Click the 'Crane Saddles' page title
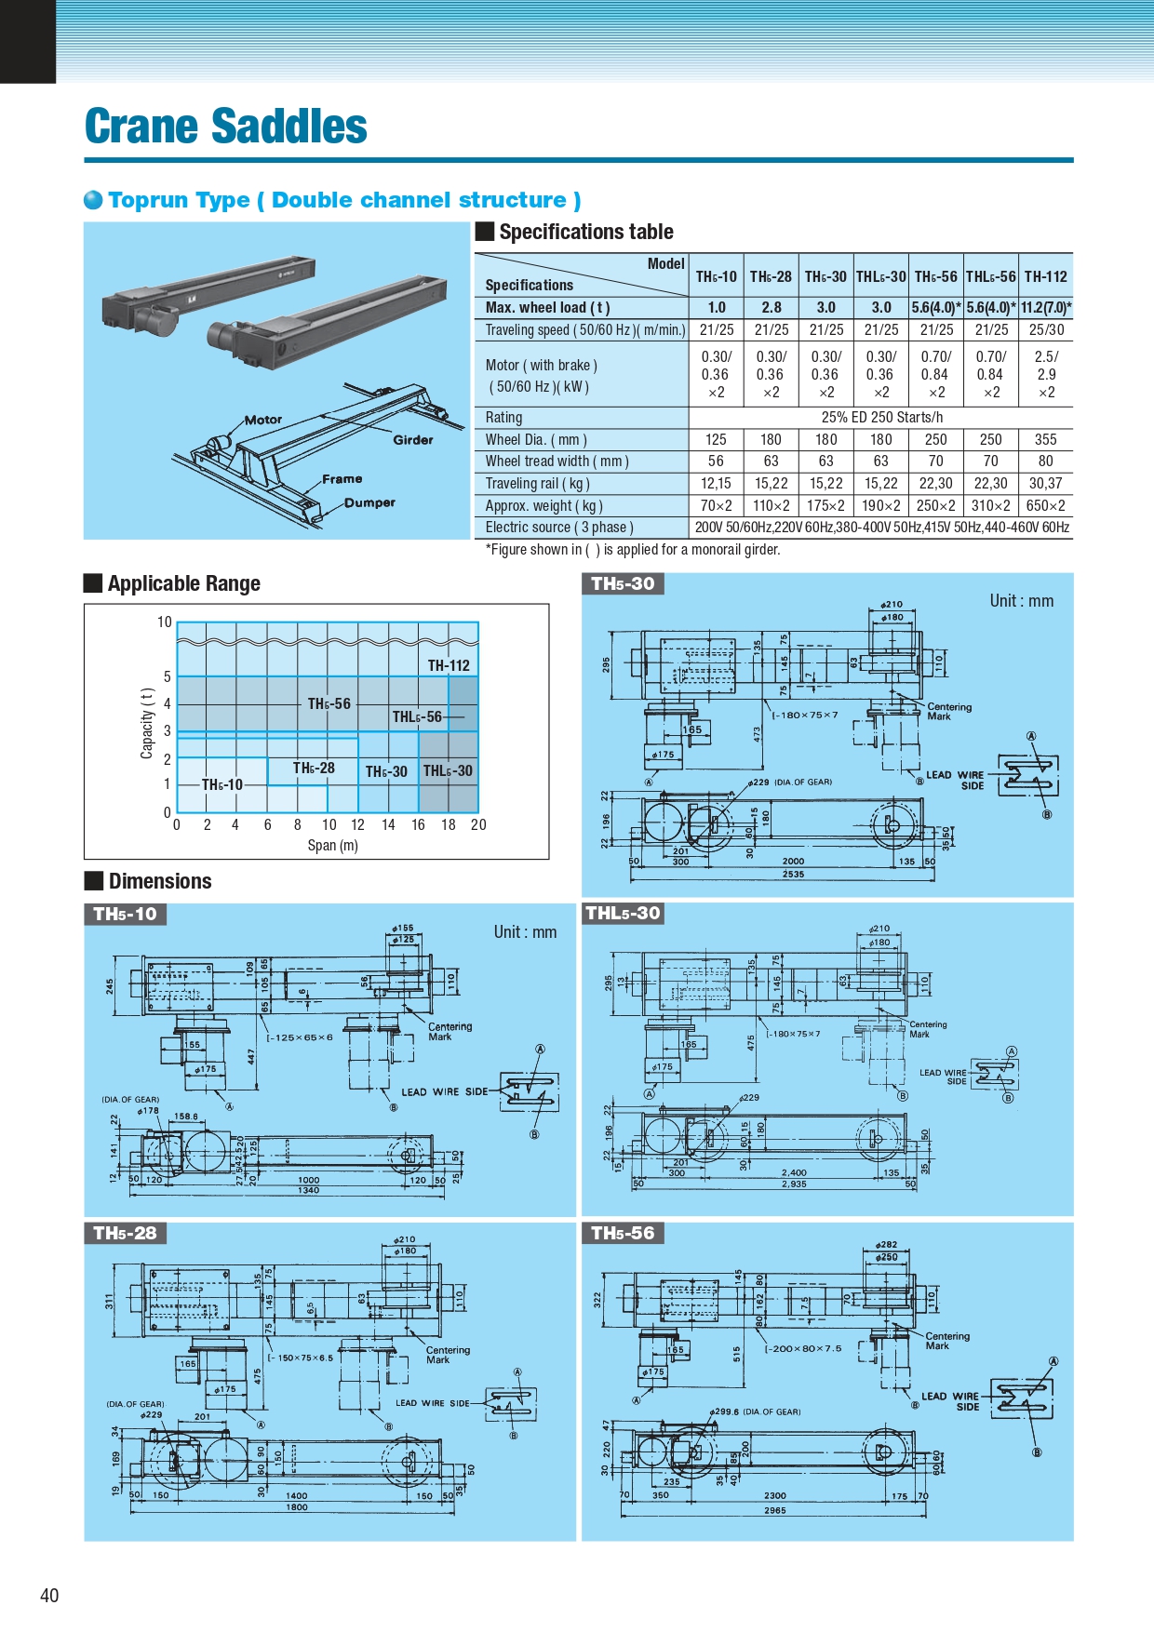(226, 127)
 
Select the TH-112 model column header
(1045, 276)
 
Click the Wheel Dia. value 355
(1045, 439)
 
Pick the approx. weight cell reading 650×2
(1045, 505)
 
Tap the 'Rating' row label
(503, 418)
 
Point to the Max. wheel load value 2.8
(771, 307)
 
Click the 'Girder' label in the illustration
(413, 440)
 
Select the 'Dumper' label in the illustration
(369, 502)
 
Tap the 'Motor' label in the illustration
(263, 420)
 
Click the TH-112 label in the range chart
(449, 665)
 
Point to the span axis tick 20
(478, 824)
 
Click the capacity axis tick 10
(165, 622)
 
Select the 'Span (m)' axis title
(332, 845)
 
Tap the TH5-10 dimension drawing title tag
(126, 914)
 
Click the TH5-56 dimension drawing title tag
(623, 1233)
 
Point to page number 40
(49, 1595)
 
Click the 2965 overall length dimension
(775, 1510)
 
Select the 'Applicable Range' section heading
(183, 583)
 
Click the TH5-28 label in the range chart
(314, 768)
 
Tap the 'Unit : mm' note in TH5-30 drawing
(1021, 601)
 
